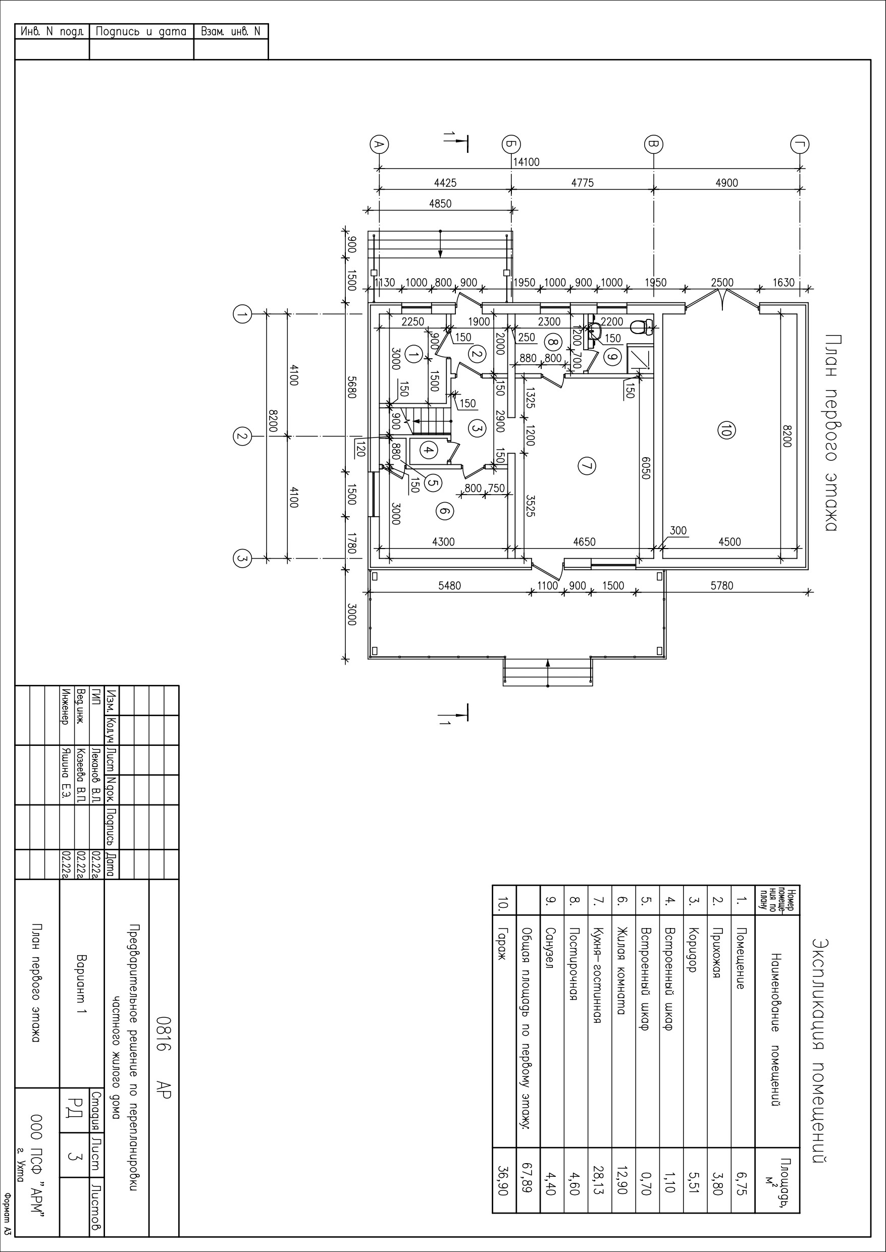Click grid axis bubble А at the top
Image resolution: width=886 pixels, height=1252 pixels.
[x=379, y=144]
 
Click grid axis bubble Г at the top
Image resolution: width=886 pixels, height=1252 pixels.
[x=800, y=144]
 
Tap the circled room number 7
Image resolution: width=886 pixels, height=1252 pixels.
[x=586, y=466]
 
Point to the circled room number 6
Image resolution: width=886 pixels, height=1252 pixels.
[x=445, y=510]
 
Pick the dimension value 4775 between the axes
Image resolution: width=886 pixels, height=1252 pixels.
[x=582, y=183]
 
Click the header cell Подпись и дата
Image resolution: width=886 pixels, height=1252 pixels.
[x=141, y=32]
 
